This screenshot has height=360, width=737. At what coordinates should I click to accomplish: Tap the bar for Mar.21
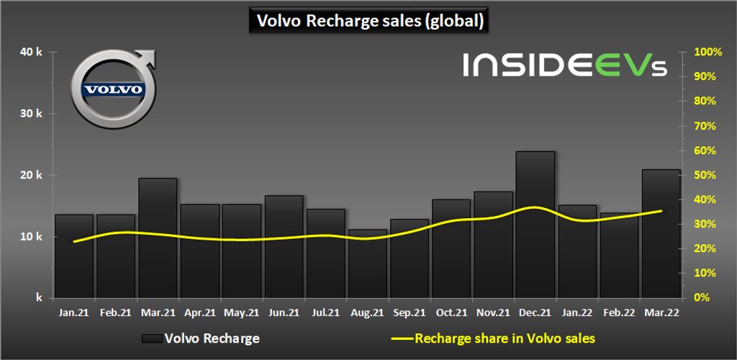(158, 238)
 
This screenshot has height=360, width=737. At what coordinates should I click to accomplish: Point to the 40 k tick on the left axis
(33, 53)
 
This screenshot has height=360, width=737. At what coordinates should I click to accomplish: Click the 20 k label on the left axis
(33, 175)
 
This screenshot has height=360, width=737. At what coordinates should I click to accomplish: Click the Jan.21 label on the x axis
(74, 312)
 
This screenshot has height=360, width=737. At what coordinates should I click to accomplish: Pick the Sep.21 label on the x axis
(409, 312)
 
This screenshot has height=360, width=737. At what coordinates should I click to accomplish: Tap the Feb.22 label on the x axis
(619, 312)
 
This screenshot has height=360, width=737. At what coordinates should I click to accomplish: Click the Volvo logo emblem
(113, 89)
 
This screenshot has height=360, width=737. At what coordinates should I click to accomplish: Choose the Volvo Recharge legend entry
(201, 338)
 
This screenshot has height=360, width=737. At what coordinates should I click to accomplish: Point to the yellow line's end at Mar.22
(661, 211)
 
